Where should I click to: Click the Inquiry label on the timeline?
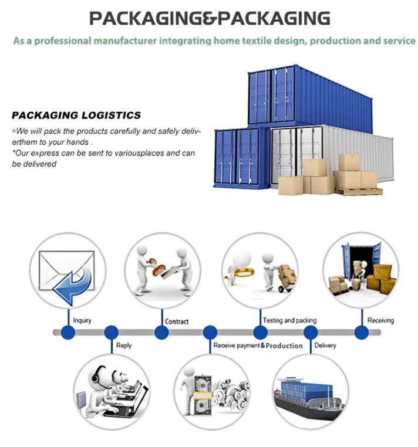point(82,321)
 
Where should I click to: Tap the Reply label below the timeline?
point(124,346)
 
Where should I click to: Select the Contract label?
point(177,321)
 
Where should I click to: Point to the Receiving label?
point(380,320)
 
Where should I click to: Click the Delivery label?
point(325,346)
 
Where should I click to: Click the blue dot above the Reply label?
point(111,333)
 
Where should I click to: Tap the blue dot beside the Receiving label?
point(361,333)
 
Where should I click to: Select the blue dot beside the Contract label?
point(161,333)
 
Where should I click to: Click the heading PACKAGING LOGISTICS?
point(76,115)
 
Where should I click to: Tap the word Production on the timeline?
point(284,346)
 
